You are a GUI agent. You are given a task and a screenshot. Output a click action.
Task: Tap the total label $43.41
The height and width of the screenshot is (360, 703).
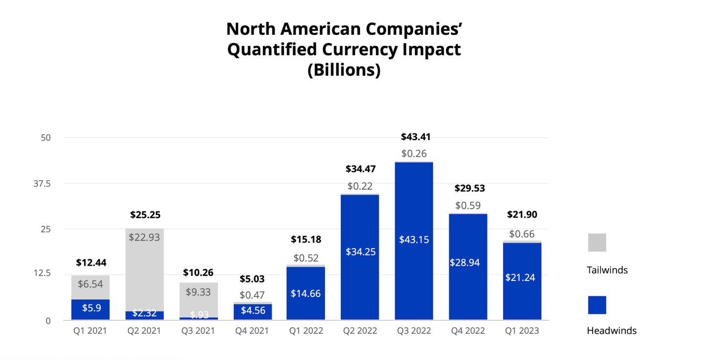pyautogui.click(x=415, y=137)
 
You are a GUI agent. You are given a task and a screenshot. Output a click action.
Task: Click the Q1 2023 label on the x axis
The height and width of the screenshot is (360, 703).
pyautogui.click(x=521, y=331)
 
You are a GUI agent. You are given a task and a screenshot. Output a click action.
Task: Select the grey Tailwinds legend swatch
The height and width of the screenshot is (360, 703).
pyautogui.click(x=596, y=242)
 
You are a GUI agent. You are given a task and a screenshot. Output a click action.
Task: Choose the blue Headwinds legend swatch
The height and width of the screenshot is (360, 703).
pyautogui.click(x=596, y=305)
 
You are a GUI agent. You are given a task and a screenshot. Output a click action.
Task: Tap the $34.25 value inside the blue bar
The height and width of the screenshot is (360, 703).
pyautogui.click(x=360, y=252)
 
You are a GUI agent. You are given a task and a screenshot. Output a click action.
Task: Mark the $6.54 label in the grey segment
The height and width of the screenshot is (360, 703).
pyautogui.click(x=91, y=284)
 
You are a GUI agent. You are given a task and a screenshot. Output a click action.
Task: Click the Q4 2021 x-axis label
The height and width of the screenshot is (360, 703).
pyautogui.click(x=252, y=331)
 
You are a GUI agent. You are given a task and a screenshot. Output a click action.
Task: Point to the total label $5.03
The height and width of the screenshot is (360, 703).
pyautogui.click(x=252, y=279)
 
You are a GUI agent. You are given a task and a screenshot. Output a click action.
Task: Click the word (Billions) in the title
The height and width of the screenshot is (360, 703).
pyautogui.click(x=344, y=70)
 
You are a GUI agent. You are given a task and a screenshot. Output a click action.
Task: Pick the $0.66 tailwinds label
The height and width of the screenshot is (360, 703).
pyautogui.click(x=522, y=234)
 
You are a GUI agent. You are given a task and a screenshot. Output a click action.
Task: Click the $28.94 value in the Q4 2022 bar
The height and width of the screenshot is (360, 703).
pyautogui.click(x=468, y=262)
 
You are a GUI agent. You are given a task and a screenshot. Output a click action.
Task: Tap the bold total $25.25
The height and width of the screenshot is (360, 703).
pyautogui.click(x=145, y=214)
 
